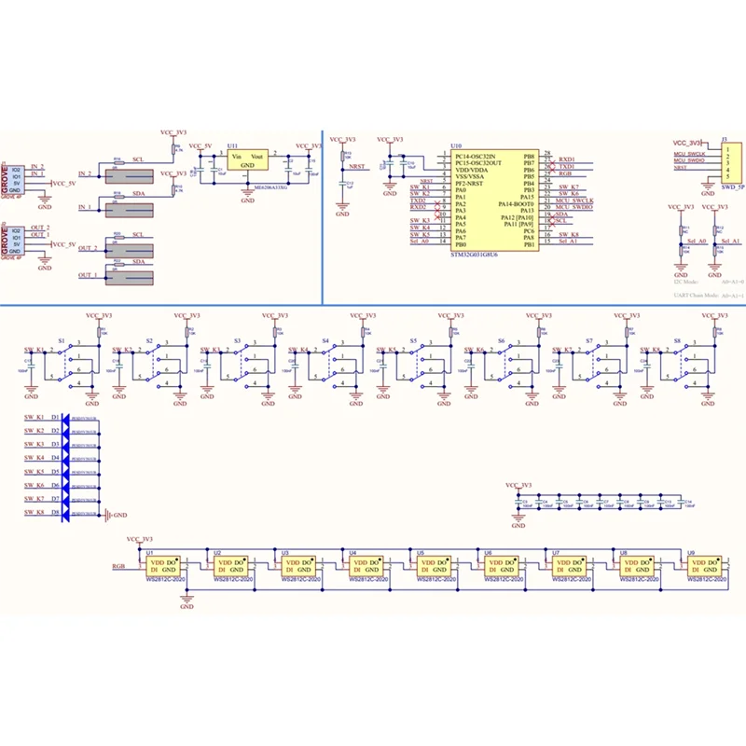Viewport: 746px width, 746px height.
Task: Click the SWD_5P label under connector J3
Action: (x=732, y=187)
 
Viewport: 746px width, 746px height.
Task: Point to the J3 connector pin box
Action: (x=732, y=163)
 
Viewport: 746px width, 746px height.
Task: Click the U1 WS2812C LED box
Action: (x=168, y=567)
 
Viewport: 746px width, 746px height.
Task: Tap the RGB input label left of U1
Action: (x=118, y=566)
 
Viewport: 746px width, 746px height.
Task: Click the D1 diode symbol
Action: (x=67, y=417)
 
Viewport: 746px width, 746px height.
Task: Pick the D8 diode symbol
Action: (x=67, y=513)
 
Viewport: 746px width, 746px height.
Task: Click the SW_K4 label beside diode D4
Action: (x=35, y=458)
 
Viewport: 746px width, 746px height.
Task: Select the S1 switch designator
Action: (x=62, y=341)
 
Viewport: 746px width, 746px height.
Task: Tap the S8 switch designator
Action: (x=676, y=341)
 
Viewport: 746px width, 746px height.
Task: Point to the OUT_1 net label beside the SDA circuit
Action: (x=89, y=275)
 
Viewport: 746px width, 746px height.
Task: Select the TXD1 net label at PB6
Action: (x=566, y=166)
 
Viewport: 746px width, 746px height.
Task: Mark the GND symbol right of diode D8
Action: (x=113, y=514)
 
